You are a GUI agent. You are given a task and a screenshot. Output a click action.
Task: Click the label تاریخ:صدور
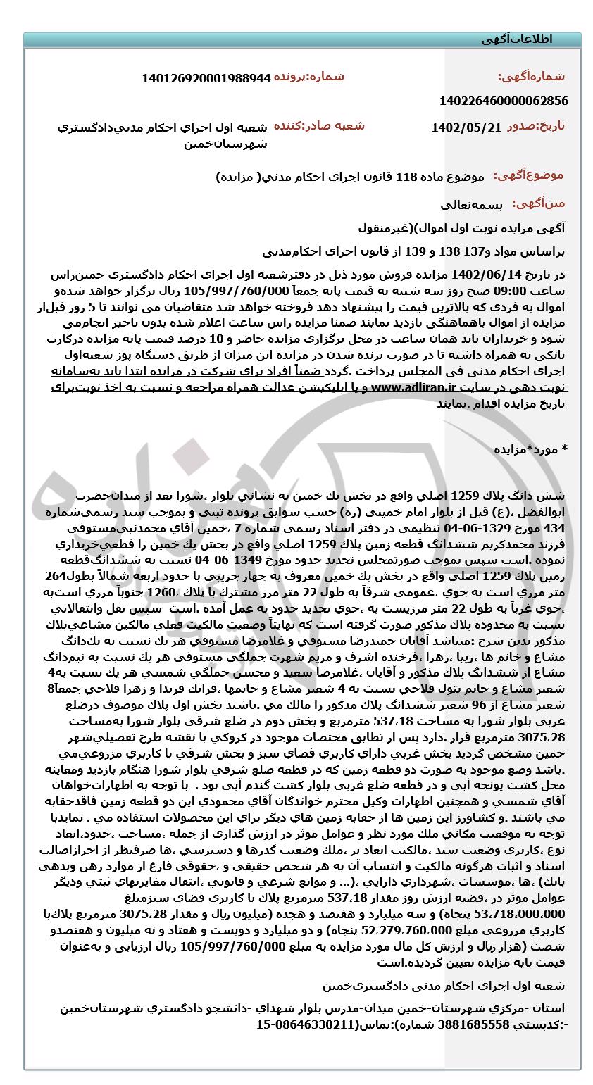(535, 127)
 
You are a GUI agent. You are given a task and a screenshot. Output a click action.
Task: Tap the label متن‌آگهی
(538, 204)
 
